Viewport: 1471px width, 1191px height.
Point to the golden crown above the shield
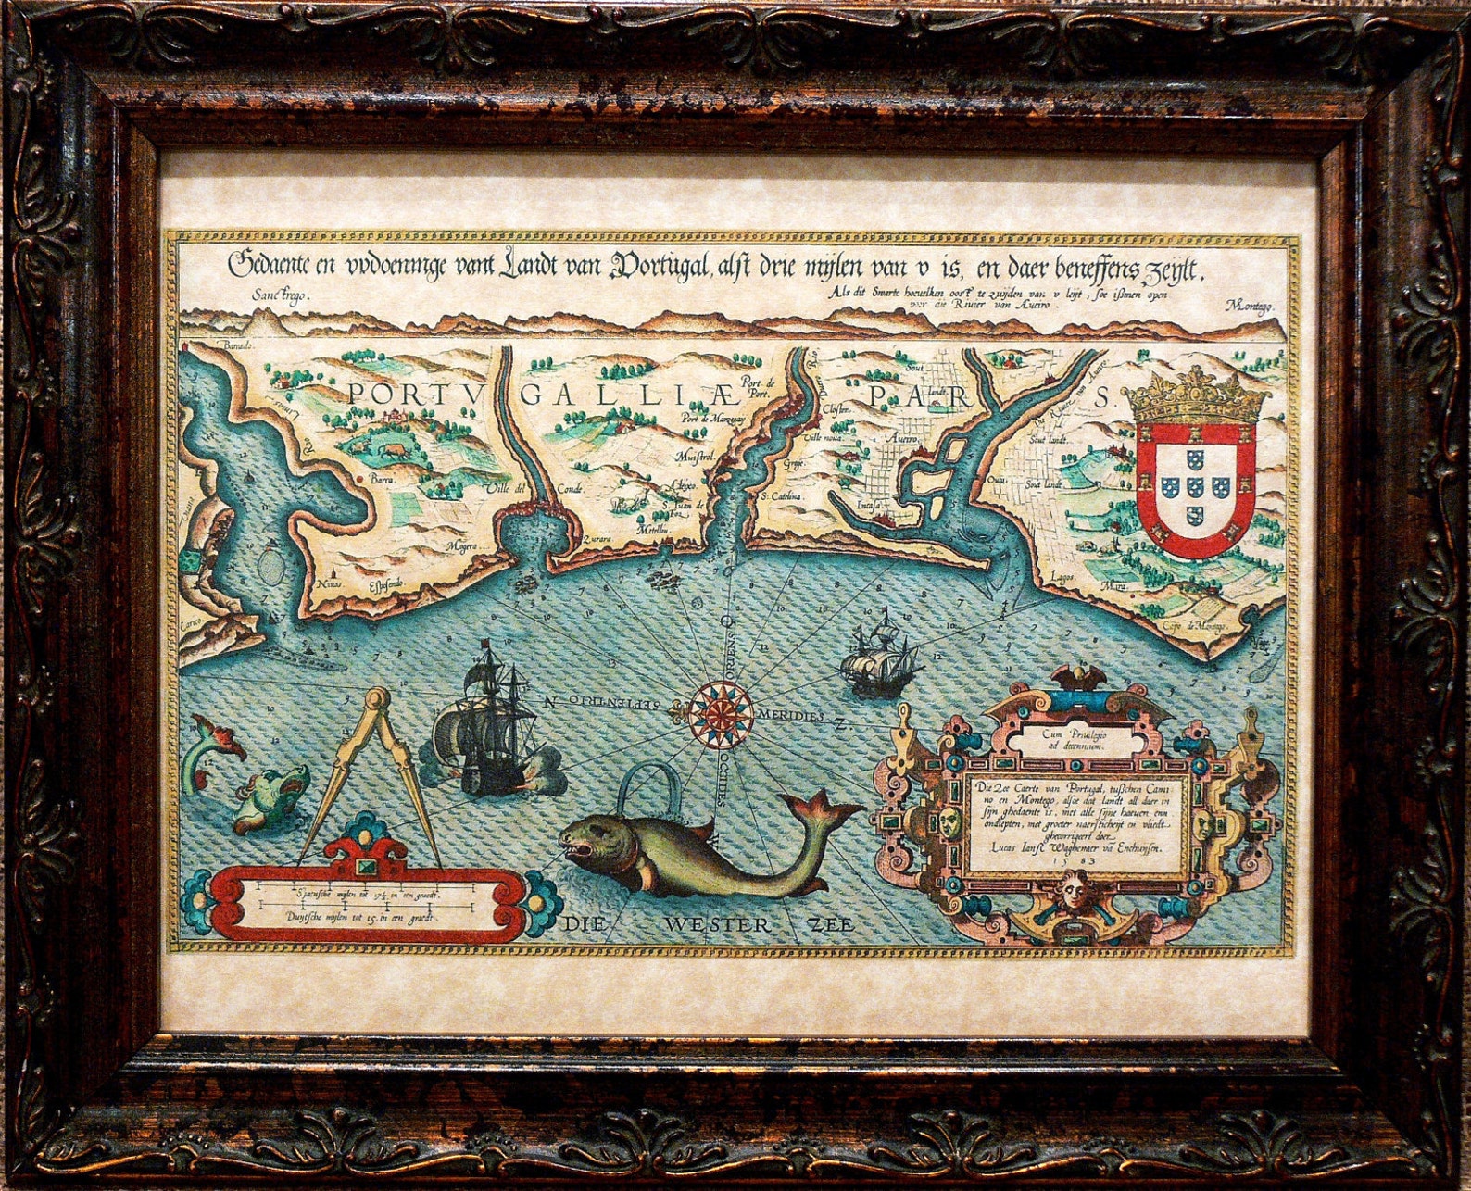(1196, 397)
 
